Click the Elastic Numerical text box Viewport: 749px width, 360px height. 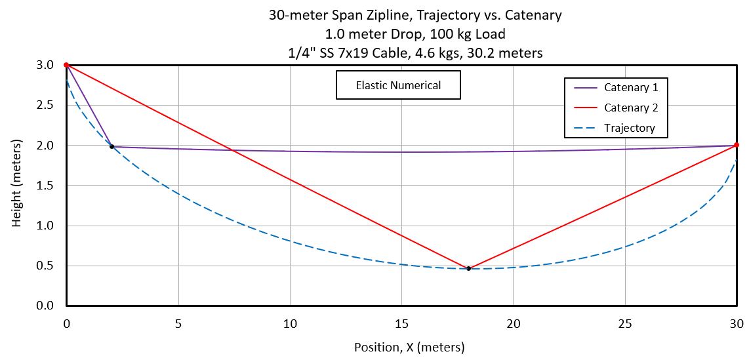(x=398, y=85)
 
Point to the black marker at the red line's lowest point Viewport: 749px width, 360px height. (x=468, y=268)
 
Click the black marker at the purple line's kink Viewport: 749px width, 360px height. (x=111, y=146)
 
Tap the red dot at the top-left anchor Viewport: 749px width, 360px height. (x=66, y=65)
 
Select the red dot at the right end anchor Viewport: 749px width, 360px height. (x=737, y=145)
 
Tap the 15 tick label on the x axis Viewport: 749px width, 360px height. (x=401, y=323)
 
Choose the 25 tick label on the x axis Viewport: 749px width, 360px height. (x=625, y=323)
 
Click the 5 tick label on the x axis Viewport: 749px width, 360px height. (x=178, y=323)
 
